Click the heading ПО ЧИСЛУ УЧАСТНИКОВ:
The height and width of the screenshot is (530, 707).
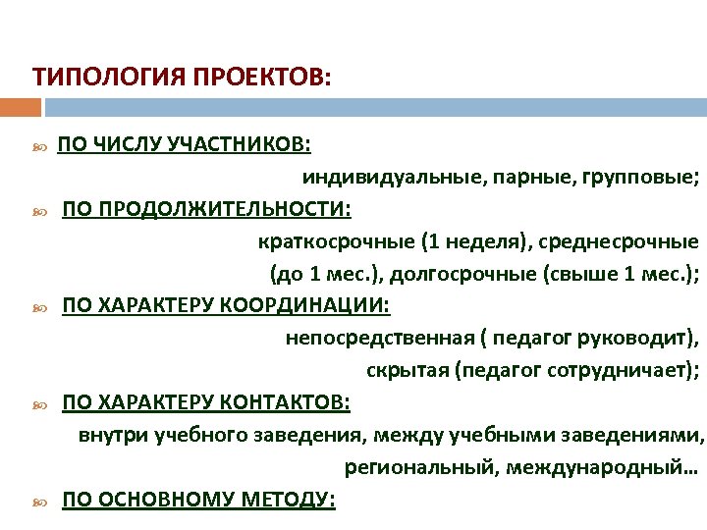pyautogui.click(x=185, y=145)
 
